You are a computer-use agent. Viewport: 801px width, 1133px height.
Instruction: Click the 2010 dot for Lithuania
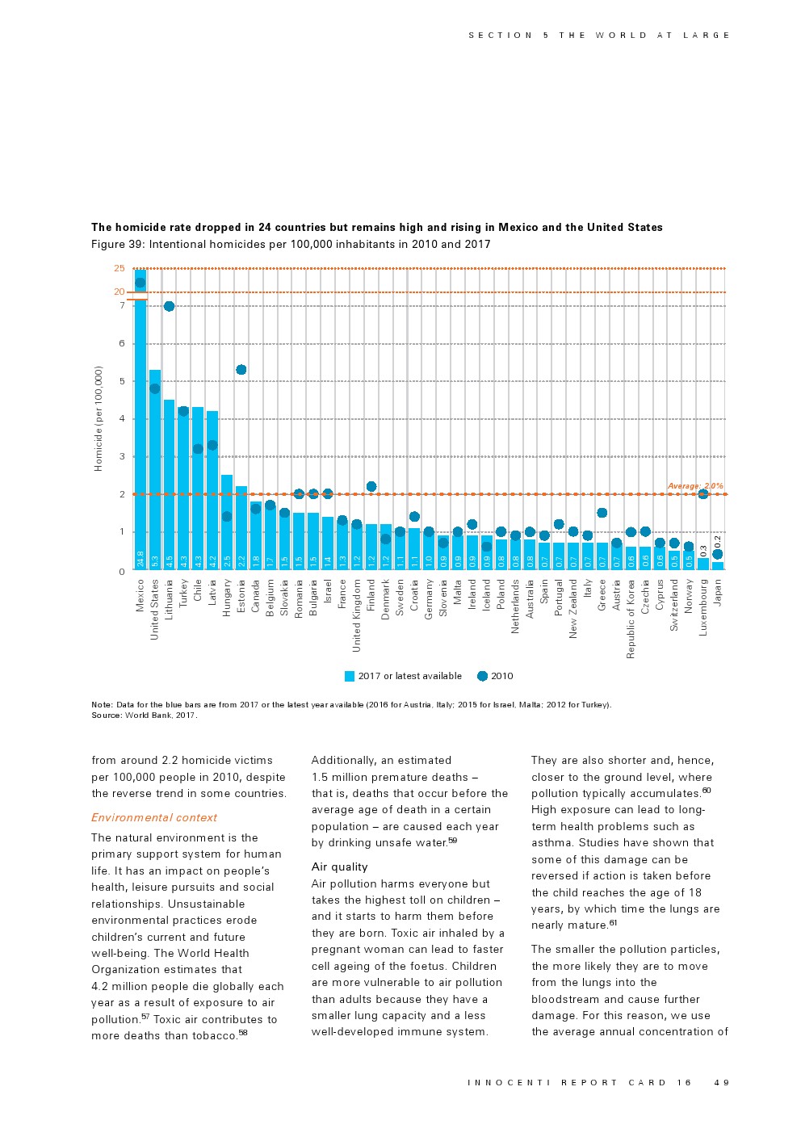[x=169, y=306]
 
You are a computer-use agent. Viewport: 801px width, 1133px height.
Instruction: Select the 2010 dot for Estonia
[x=241, y=370]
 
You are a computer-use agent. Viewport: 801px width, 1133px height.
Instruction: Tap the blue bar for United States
[x=155, y=469]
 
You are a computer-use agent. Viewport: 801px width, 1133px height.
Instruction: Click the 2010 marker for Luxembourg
[x=702, y=493]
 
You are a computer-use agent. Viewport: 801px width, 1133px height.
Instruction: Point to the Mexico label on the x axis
[x=140, y=595]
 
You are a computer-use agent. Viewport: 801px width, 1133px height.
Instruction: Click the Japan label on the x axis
[x=718, y=592]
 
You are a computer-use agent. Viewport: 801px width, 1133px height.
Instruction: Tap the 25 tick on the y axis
[x=120, y=268]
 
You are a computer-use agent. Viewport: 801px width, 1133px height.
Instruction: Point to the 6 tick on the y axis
[x=122, y=343]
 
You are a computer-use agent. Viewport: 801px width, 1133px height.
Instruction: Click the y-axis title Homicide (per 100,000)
[x=99, y=418]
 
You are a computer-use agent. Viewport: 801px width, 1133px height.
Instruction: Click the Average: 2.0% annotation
[x=695, y=486]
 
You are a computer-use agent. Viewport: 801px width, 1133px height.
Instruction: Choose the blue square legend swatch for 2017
[x=350, y=676]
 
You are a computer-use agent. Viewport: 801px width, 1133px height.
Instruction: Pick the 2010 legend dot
[x=482, y=676]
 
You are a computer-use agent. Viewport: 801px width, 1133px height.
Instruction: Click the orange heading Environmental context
[x=154, y=817]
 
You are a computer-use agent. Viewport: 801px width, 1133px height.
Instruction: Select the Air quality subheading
[x=339, y=867]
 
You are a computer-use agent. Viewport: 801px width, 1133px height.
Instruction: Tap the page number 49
[x=722, y=1082]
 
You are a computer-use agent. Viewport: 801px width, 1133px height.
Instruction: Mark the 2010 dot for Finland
[x=371, y=486]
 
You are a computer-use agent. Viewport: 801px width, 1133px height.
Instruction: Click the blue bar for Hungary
[x=227, y=522]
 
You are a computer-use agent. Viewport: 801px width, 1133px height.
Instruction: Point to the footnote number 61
[x=614, y=923]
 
